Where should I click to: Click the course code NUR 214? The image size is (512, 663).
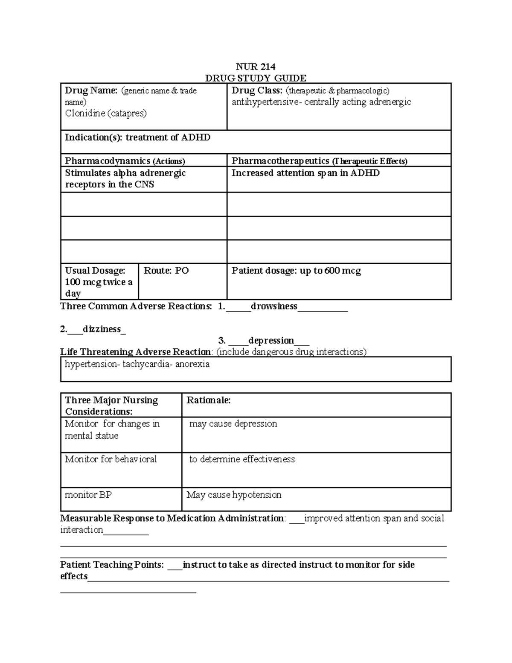[256, 67]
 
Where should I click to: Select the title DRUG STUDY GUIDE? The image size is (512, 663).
[256, 78]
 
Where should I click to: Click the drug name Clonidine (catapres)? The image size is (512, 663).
[105, 113]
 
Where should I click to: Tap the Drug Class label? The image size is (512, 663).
[257, 91]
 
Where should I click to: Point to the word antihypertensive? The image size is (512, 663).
[264, 102]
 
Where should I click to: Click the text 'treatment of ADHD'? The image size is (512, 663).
[168, 137]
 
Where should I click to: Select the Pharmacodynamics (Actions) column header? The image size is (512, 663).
[125, 161]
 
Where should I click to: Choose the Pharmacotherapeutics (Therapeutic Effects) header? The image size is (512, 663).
[319, 161]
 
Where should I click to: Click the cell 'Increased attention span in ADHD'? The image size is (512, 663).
[305, 173]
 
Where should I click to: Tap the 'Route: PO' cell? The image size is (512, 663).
[166, 271]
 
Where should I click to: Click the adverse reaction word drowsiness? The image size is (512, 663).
[274, 306]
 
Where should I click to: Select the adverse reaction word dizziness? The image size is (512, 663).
[102, 329]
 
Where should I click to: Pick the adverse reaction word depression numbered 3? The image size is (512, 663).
[271, 341]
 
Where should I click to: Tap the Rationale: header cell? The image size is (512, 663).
[209, 400]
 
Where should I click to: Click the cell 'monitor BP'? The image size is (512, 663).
[88, 495]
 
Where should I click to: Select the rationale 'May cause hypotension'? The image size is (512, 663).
[234, 495]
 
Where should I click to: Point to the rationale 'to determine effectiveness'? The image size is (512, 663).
[242, 459]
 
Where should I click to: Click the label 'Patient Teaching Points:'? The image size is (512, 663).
[112, 565]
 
